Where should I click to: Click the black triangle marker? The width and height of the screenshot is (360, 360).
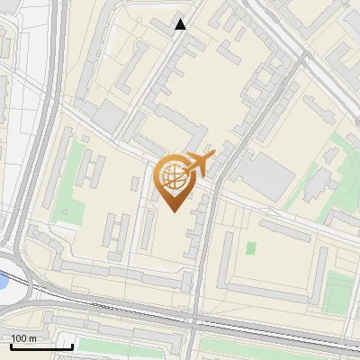click(181, 24)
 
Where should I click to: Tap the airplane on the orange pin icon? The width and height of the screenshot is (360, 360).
click(199, 164)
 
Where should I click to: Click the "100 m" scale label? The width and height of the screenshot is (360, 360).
click(24, 338)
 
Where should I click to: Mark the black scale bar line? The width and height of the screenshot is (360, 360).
click(41, 346)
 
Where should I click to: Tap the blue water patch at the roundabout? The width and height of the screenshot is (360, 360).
click(4, 282)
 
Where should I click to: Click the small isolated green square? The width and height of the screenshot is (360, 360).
click(251, 247)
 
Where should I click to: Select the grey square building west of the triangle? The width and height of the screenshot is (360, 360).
click(110, 115)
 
